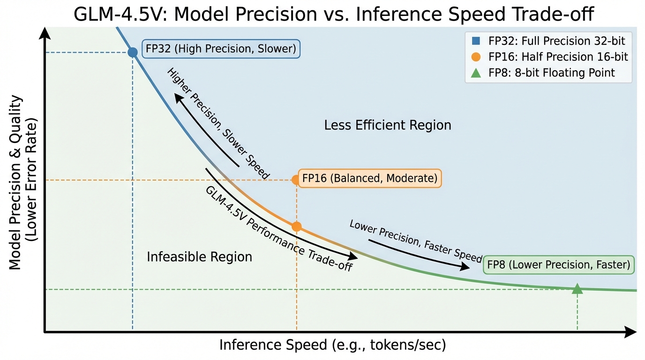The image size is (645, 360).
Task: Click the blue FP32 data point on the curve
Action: click(133, 52)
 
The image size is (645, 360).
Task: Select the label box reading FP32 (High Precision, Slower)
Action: click(220, 49)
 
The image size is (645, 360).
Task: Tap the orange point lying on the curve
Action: click(296, 226)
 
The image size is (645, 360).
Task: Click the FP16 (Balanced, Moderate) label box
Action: click(369, 178)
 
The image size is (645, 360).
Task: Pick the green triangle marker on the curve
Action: click(577, 289)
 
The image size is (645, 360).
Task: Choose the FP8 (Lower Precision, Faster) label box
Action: click(558, 265)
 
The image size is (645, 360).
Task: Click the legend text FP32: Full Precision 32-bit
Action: click(557, 41)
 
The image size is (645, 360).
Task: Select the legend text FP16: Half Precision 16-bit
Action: click(558, 57)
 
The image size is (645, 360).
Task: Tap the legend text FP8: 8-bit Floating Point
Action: click(551, 73)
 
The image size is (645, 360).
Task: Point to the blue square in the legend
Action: click(476, 41)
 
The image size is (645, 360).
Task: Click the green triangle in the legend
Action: click(476, 73)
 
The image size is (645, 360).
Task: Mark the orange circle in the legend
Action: click(476, 57)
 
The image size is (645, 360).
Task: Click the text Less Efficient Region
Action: click(388, 125)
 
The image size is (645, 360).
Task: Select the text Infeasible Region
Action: click(199, 257)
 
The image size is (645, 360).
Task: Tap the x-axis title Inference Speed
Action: click(332, 345)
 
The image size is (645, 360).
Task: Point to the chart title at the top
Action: click(334, 15)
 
